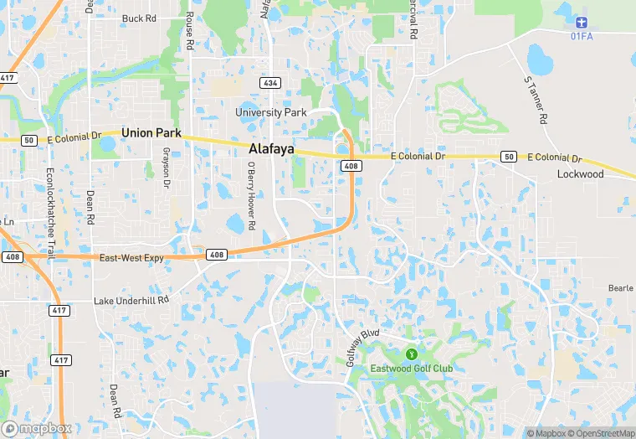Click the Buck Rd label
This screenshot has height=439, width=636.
click(x=139, y=18)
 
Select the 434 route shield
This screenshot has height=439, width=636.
click(x=269, y=84)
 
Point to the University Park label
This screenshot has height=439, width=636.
click(x=271, y=112)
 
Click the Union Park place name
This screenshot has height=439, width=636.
click(x=151, y=133)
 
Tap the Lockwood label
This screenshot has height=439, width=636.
click(x=580, y=174)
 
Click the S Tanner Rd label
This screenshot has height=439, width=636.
click(x=535, y=100)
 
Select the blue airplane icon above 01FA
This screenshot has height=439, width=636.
click(x=582, y=20)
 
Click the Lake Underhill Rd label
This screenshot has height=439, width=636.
click(x=131, y=299)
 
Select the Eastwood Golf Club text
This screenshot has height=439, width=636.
click(x=412, y=369)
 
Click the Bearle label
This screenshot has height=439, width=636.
click(x=620, y=288)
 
